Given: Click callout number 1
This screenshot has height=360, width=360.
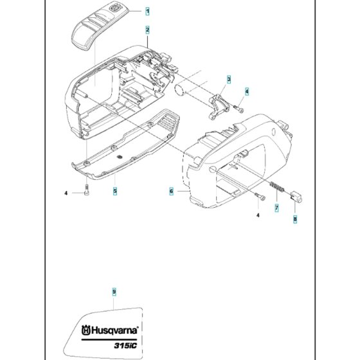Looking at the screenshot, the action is (x=148, y=11).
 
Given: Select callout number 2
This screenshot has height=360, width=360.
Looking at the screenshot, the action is (x=147, y=30).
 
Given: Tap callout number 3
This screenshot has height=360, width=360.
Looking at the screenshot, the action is (x=229, y=80).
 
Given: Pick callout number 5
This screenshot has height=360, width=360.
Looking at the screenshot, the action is (x=115, y=191).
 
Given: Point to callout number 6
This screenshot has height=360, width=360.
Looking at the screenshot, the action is (x=171, y=192).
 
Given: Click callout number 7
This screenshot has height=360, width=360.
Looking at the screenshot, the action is (x=276, y=208).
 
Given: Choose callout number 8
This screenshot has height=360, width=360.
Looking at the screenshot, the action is (x=295, y=219).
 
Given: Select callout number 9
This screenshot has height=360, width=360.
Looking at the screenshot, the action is (x=114, y=292).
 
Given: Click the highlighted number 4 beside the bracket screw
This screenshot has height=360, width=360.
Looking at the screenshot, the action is (x=247, y=91).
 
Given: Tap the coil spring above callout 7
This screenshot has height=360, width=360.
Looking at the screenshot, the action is (x=277, y=186).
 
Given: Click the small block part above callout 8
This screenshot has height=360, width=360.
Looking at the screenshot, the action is (x=296, y=197).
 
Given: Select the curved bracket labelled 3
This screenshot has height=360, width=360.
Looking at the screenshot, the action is (x=219, y=106).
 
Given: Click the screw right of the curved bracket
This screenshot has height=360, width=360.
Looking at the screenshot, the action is (x=239, y=109).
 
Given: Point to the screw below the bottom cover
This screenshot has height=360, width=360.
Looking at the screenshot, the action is (x=87, y=190).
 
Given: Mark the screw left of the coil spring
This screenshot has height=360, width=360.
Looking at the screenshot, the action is (x=260, y=196).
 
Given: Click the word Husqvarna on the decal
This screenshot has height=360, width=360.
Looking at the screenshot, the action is (x=115, y=330).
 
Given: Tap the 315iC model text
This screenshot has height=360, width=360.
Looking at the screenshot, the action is (x=125, y=345).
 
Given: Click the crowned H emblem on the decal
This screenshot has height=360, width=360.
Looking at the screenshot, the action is (x=86, y=330).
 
